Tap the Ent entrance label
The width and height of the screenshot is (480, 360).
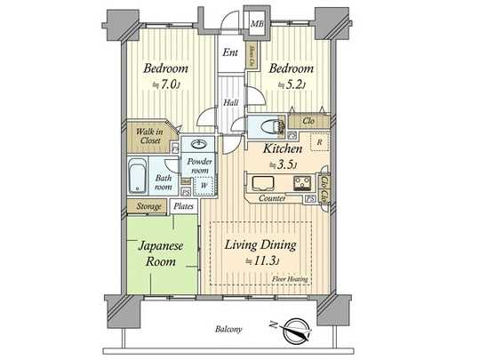click(228, 52)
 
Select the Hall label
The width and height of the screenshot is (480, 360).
click(228, 103)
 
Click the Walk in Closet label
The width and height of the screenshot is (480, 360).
click(148, 137)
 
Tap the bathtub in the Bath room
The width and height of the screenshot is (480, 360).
click(138, 177)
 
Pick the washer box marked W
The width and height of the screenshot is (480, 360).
click(203, 185)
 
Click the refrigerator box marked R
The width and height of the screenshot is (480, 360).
click(318, 141)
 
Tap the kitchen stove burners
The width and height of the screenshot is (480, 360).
click(306, 184)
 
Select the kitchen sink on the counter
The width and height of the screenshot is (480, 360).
click(266, 184)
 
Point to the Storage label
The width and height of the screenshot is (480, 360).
click(148, 207)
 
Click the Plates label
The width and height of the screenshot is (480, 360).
click(184, 207)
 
